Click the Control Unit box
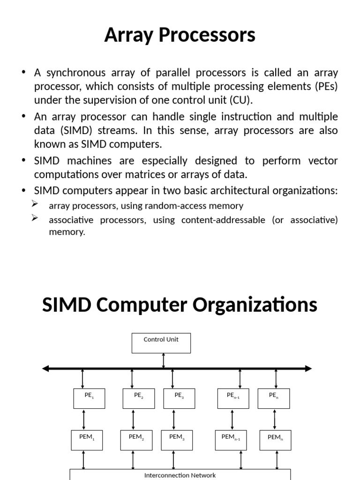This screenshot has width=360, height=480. (x=161, y=343)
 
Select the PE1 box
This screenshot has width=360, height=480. (x=89, y=398)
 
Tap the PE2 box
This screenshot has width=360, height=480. (x=138, y=398)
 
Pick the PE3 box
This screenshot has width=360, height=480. (x=179, y=398)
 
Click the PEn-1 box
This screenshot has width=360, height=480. (x=233, y=398)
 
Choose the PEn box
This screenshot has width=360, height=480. (x=274, y=398)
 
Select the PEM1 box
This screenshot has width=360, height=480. (x=87, y=440)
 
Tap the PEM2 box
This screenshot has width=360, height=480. (x=136, y=440)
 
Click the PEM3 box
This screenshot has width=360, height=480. (x=177, y=440)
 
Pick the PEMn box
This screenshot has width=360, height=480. (x=275, y=440)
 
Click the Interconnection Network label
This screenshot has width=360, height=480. (x=180, y=475)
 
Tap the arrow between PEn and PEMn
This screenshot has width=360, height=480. (x=276, y=419)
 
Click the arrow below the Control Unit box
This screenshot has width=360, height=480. (x=163, y=360)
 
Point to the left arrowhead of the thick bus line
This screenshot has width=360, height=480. (x=45, y=368)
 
